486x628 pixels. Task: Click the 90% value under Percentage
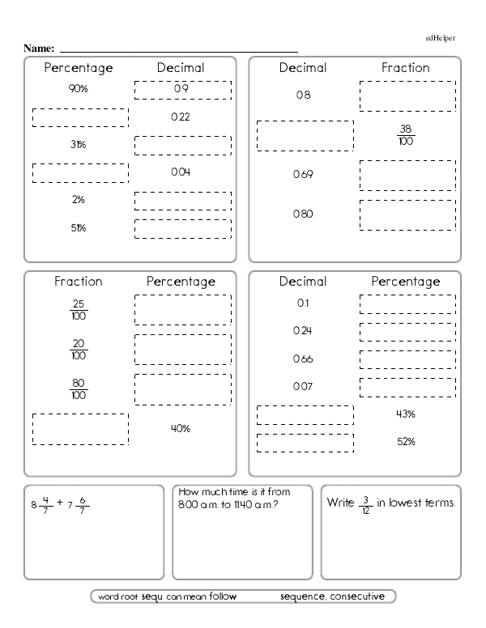[79, 89]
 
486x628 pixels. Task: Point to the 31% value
[79, 145]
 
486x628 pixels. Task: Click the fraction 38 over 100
[407, 135]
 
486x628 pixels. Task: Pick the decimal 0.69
[303, 175]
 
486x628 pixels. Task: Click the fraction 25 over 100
[79, 310]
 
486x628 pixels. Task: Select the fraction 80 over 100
[79, 389]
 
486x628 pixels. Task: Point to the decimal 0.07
[303, 387]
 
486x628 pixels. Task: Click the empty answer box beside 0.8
[407, 95]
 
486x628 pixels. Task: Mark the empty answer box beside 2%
[182, 201]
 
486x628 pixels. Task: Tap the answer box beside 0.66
[407, 359]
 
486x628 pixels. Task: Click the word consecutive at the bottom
[362, 597]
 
